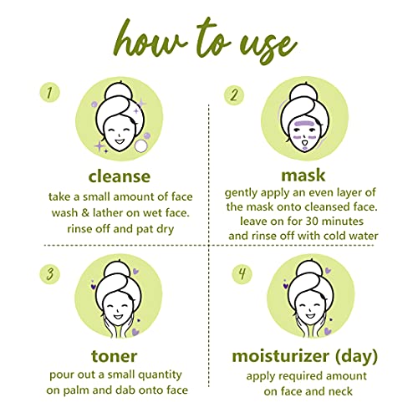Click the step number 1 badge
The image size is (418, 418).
(x=50, y=92)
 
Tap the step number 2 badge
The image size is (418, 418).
(x=234, y=94)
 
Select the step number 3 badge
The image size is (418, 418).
(x=50, y=274)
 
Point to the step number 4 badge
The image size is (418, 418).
(x=242, y=274)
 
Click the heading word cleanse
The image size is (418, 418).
(x=120, y=176)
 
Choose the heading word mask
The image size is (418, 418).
(x=303, y=176)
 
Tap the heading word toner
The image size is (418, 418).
(x=115, y=356)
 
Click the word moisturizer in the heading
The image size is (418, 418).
(x=280, y=356)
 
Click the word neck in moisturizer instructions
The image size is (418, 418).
(x=340, y=391)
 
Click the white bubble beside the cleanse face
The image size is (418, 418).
(x=140, y=146)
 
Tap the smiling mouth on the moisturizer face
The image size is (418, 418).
(x=309, y=316)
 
